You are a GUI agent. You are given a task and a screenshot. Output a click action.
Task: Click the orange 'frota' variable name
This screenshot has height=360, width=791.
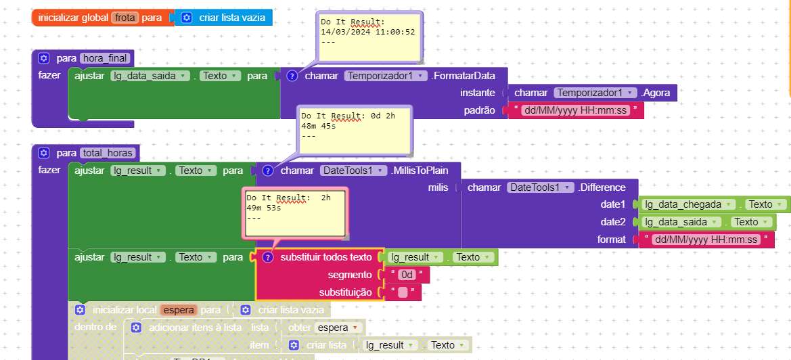125,18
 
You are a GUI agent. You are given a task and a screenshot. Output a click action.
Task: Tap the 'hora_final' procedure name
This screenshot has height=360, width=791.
104,58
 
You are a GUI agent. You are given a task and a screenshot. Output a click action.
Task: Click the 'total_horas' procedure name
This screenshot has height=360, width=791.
106,153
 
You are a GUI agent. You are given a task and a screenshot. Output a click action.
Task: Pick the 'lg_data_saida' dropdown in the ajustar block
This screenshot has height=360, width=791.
150,76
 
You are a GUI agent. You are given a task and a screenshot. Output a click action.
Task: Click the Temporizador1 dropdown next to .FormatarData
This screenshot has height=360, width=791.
385,76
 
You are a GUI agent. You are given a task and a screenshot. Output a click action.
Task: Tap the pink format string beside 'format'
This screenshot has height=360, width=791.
706,240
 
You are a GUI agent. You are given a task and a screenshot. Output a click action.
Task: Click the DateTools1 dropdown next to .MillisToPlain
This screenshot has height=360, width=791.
354,171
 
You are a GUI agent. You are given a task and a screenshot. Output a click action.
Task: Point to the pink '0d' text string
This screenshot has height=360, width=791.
406,275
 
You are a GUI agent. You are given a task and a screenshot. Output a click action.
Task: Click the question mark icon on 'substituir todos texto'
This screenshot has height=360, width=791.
267,258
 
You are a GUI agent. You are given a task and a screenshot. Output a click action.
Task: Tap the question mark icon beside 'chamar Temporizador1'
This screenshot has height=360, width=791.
292,76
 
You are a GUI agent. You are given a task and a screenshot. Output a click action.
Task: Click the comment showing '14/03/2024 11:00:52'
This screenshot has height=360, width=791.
368,37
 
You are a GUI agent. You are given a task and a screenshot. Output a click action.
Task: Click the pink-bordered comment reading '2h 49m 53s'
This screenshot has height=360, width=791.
295,212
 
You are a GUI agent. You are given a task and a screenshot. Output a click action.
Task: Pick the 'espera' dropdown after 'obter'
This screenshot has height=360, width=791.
336,328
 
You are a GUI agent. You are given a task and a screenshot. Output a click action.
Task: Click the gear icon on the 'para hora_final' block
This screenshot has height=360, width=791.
44,58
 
